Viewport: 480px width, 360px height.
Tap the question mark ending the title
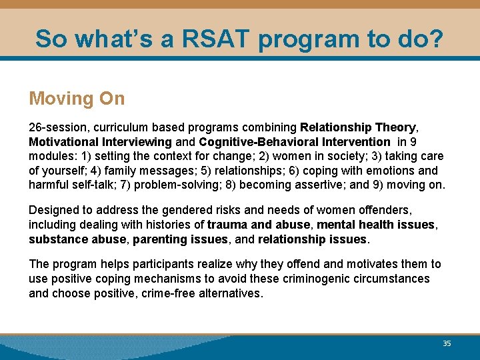point(435,39)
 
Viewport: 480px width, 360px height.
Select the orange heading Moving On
point(77,99)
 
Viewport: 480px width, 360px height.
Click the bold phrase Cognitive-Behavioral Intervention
point(294,141)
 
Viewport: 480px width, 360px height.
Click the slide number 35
point(447,343)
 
